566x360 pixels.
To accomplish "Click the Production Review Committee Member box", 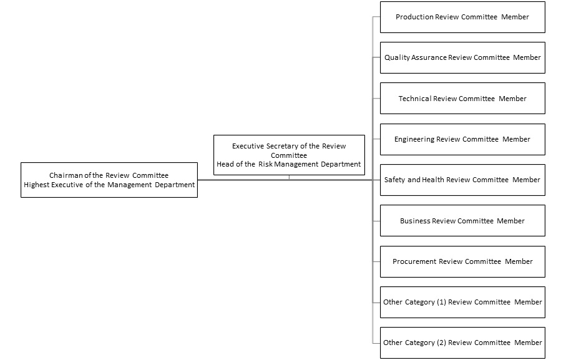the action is pyautogui.click(x=462, y=17).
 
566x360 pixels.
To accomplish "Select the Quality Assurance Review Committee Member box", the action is pyautogui.click(x=462, y=58).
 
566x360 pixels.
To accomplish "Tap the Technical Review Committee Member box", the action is pyautogui.click(x=462, y=99).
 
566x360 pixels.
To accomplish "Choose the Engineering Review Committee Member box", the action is pyautogui.click(x=462, y=140).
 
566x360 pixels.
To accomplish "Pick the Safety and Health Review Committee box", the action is pyautogui.click(x=462, y=180).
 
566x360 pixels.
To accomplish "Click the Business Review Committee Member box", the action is pyautogui.click(x=462, y=221).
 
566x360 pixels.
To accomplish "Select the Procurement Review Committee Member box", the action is pyautogui.click(x=462, y=262).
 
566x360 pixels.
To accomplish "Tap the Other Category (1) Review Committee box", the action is pyautogui.click(x=462, y=302).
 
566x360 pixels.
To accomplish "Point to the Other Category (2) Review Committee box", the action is pyautogui.click(x=462, y=343).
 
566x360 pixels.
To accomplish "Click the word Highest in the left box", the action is pyautogui.click(x=36, y=185).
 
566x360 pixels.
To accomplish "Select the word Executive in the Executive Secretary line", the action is pyautogui.click(x=248, y=146).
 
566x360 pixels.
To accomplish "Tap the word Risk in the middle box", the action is pyautogui.click(x=265, y=165).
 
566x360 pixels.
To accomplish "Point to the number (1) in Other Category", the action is pyautogui.click(x=441, y=302).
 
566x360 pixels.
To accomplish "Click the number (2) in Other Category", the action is pyautogui.click(x=441, y=343).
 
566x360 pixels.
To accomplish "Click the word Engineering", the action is pyautogui.click(x=414, y=140).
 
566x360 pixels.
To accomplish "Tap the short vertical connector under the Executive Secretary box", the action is pyautogui.click(x=289, y=177).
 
